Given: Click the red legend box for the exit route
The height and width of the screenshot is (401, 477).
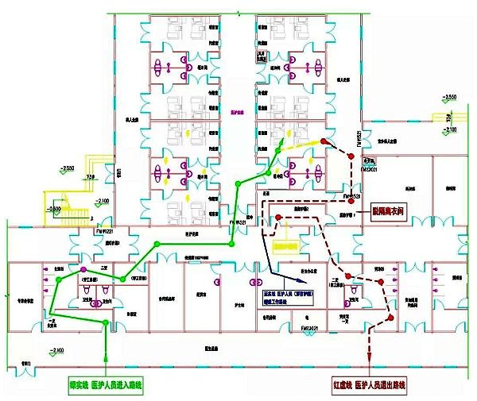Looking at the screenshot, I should [369, 385].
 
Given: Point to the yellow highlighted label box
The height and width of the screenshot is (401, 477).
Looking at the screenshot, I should [285, 245].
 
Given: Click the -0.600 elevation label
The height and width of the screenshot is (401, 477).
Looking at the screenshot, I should [55, 209].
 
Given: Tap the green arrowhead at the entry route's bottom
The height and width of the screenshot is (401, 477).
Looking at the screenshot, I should [107, 372].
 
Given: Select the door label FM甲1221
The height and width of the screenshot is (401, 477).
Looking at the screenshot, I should [106, 231].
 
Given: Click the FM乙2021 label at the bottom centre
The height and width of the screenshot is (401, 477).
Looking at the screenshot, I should [310, 326].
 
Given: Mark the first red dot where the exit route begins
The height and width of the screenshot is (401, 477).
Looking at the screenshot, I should [324, 141].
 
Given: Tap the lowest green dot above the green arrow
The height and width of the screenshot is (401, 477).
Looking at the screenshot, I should [107, 322].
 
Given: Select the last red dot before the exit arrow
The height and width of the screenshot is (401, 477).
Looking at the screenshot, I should [390, 318].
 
